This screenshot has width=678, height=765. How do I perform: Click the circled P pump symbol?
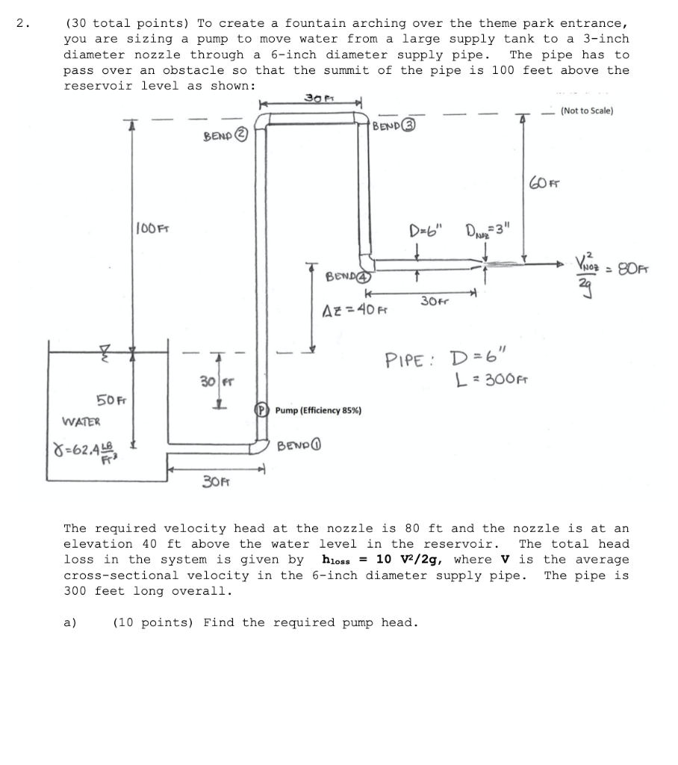coord(262,410)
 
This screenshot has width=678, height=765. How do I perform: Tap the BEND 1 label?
coord(299,446)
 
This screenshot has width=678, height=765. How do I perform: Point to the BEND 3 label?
coord(394,126)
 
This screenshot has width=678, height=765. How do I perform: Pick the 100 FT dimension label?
coord(152,229)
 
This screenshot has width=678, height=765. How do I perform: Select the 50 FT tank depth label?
coord(111,400)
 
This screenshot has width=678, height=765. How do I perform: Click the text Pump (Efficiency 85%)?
coord(319,410)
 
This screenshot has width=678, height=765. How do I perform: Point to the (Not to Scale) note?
coord(587,111)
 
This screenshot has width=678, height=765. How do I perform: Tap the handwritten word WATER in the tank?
coord(81,421)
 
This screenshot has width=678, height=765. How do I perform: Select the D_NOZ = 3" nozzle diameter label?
coord(488,229)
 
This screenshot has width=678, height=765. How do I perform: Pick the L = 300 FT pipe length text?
coord(491,379)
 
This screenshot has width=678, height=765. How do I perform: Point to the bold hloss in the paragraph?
coord(336,560)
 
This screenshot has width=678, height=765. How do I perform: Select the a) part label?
coord(70,622)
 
